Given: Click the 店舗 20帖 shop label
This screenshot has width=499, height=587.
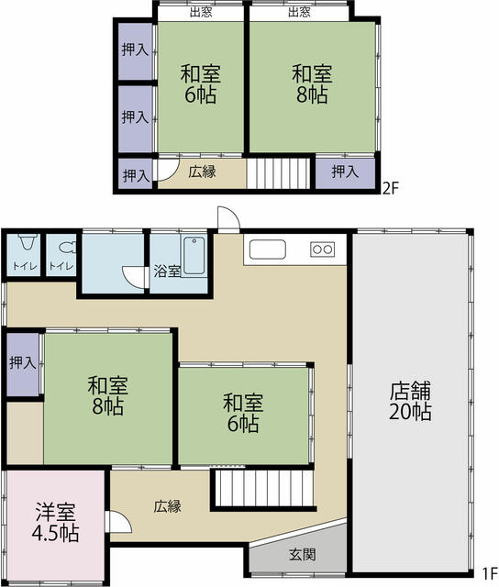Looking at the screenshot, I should (x=410, y=400).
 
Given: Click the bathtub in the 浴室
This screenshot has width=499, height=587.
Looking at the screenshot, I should (x=194, y=255).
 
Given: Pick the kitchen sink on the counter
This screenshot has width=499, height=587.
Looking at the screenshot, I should (x=269, y=249).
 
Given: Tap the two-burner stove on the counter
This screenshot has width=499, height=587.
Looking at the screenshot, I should (x=323, y=249).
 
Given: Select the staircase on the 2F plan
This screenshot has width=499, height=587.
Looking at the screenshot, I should (x=279, y=172).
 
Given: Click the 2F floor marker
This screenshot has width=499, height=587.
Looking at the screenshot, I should (x=391, y=189).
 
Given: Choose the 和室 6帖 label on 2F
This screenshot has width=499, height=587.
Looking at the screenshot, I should (x=199, y=83).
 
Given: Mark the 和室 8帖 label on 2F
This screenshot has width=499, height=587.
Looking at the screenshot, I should (x=311, y=83).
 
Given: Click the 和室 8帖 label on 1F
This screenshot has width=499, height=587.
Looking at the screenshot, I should (x=107, y=395).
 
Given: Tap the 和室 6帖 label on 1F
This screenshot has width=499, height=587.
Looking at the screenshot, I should (x=242, y=413).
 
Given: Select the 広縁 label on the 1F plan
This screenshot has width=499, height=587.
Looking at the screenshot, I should (x=167, y=505).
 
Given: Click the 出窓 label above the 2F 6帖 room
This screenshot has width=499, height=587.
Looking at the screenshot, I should (x=201, y=12).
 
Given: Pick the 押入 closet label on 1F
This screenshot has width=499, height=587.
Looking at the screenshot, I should (x=23, y=363).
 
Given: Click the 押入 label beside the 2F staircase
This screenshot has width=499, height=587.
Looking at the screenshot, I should (x=345, y=172).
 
